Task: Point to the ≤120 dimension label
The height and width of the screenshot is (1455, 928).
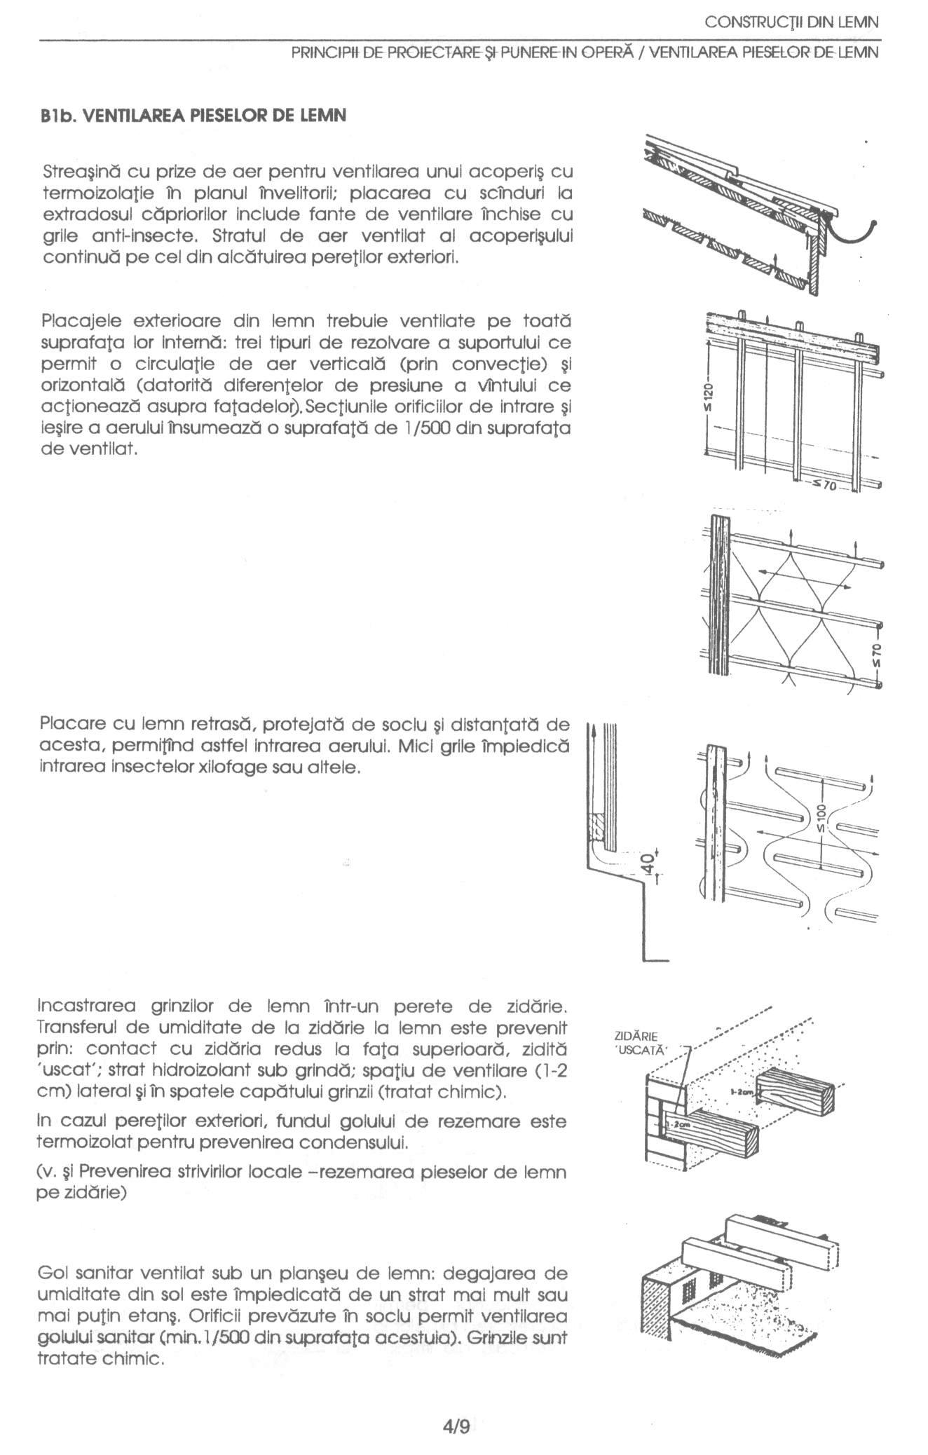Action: (x=709, y=397)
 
